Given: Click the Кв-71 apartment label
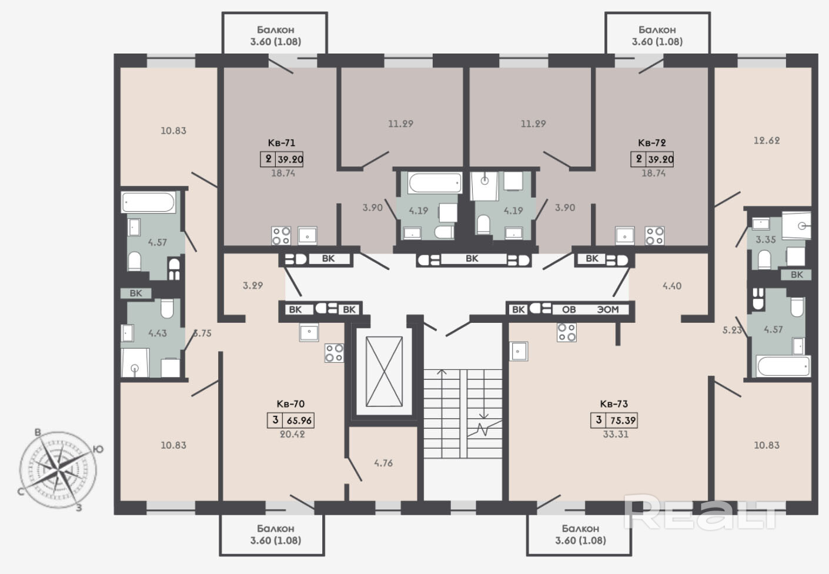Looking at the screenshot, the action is (x=281, y=143).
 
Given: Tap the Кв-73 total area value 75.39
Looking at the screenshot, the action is (x=623, y=421).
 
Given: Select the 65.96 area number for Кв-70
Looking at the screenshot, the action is (x=299, y=421).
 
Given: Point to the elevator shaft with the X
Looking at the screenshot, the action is (x=384, y=372).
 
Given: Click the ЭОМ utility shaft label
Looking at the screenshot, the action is (x=608, y=309).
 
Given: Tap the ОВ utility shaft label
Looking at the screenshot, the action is (x=569, y=309).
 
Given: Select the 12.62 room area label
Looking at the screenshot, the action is (x=767, y=141).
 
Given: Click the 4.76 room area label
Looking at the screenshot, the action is (x=383, y=463).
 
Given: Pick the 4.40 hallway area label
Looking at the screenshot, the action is (x=671, y=286).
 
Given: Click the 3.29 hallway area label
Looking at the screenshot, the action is (x=253, y=285).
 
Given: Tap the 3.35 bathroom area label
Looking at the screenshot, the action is (x=766, y=240).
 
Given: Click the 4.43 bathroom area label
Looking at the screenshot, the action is (x=158, y=333).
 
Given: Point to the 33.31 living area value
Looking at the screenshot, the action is (x=616, y=434).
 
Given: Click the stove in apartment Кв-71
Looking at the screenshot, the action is (x=281, y=236).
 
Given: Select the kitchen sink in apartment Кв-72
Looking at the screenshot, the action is (x=625, y=236).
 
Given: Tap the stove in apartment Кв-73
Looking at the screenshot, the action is (x=567, y=332).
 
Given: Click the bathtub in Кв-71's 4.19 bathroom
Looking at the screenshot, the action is (x=435, y=183).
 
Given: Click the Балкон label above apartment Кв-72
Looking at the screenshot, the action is (x=657, y=29).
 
